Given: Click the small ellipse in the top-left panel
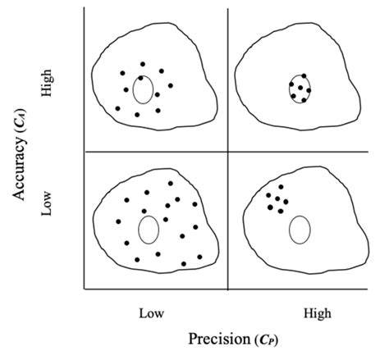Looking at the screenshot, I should (142, 90).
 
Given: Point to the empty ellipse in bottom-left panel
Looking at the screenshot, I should (148, 229).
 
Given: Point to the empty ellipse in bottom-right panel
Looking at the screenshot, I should (300, 229).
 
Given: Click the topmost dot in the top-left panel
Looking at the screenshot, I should (143, 64).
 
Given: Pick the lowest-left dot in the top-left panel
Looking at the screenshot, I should (117, 108).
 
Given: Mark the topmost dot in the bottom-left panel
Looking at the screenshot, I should (171, 184).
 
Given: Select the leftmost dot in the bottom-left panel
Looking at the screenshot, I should (118, 221).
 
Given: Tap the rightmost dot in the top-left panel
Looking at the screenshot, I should (171, 85).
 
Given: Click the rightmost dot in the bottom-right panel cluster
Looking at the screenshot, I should (286, 202).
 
